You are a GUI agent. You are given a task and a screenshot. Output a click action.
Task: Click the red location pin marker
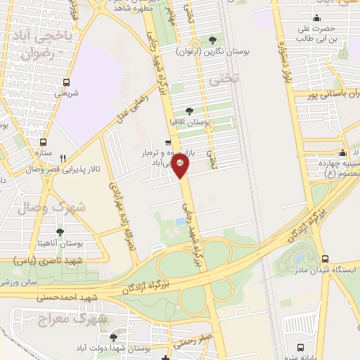[181, 166]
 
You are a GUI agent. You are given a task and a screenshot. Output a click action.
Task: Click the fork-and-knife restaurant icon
[63, 158]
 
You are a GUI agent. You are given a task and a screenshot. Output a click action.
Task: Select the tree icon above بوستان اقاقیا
[188, 110]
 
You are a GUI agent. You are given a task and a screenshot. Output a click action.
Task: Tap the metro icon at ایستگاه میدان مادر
[325, 259]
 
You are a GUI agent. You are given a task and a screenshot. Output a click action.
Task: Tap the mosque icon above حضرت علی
[318, 18]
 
